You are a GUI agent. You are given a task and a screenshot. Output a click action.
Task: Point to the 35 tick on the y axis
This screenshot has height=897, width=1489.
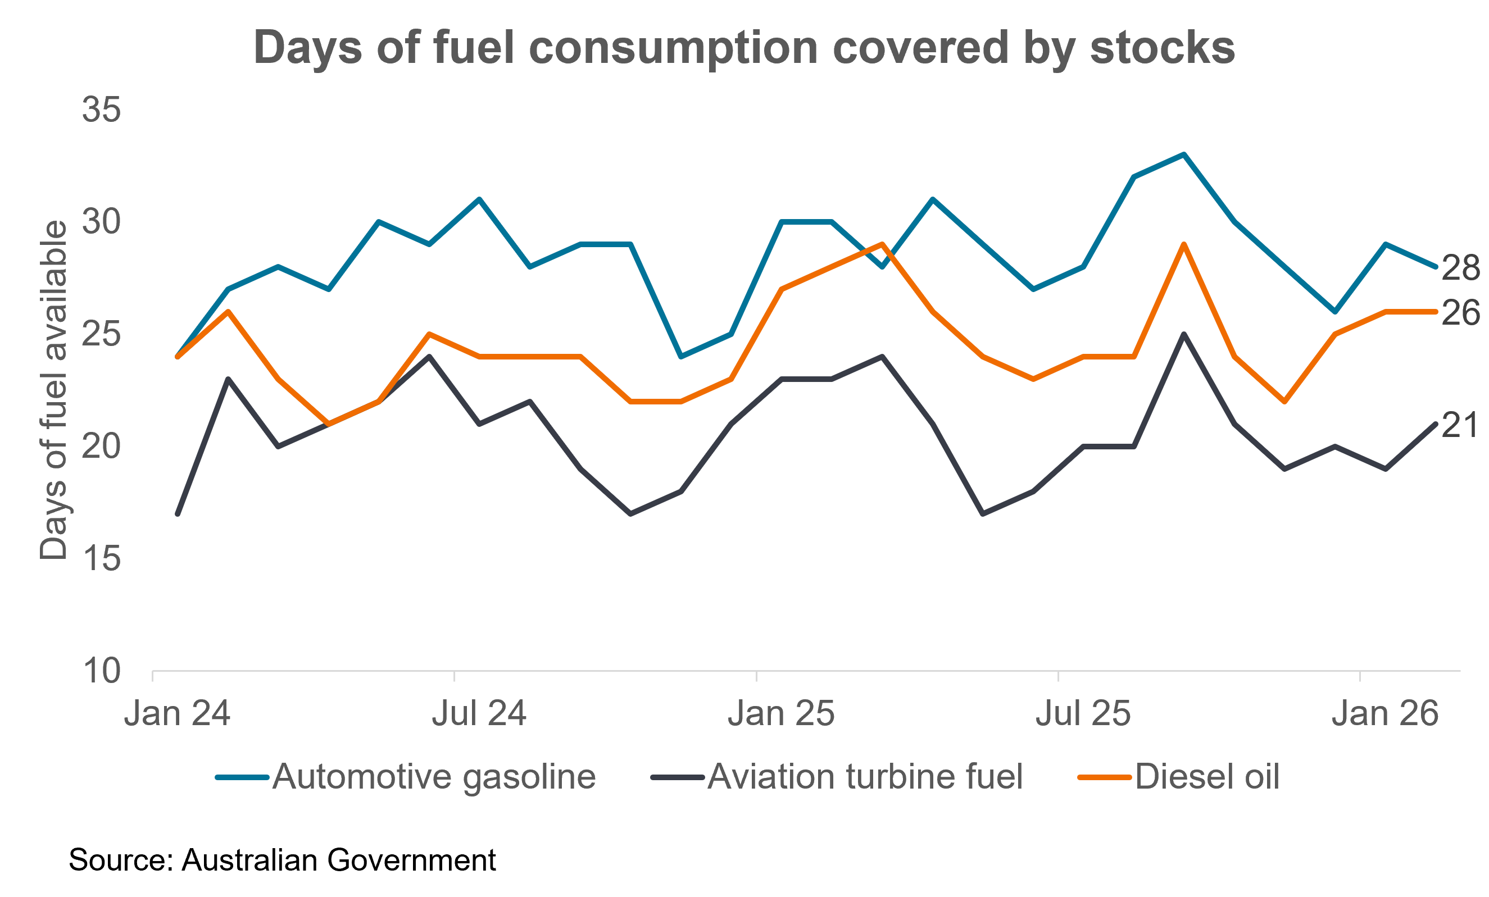pos(102,110)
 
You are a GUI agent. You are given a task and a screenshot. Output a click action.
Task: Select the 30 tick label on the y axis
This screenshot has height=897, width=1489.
pos(102,222)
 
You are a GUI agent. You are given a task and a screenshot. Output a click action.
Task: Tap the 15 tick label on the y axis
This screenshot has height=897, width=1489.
pos(102,558)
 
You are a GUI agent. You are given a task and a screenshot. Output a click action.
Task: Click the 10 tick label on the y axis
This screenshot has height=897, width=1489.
pos(102,671)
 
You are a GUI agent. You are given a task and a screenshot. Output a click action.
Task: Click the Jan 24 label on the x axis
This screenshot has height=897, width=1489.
pos(177,713)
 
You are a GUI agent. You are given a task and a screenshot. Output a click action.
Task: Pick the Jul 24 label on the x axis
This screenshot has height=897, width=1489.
pos(479,713)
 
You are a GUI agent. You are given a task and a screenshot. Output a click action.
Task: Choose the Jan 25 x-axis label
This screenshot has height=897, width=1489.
pos(781,713)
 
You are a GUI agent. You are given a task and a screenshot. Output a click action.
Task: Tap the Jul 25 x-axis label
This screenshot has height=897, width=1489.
pos(1083,713)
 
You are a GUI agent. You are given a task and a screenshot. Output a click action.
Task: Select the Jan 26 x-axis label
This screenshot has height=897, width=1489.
pos(1385,713)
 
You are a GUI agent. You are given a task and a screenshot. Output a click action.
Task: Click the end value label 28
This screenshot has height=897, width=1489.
pos(1460,267)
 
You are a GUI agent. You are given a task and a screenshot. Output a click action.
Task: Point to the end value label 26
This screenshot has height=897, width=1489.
pos(1460,313)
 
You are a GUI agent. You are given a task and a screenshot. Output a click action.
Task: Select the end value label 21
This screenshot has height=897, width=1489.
pos(1459,425)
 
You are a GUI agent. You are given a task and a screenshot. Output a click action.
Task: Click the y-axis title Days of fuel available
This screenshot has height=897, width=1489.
pos(53,390)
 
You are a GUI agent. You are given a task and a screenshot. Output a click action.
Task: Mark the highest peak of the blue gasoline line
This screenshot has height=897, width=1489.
pos(1184,154)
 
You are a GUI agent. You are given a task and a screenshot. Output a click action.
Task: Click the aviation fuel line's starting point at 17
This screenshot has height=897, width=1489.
pos(178,514)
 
